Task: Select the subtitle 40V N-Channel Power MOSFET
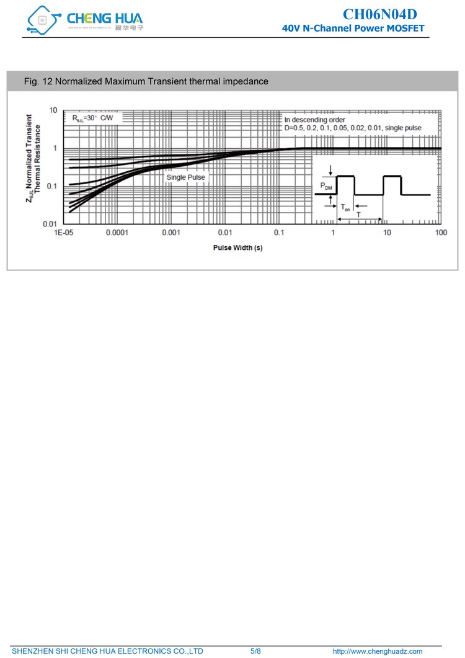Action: [x=353, y=29]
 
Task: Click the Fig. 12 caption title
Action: [x=146, y=81]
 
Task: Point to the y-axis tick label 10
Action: [x=53, y=110]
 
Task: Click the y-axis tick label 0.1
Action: [x=51, y=186]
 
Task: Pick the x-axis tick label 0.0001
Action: [x=117, y=233]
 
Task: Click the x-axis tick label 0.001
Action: [x=171, y=233]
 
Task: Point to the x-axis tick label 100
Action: [x=441, y=233]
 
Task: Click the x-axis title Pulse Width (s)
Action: [x=237, y=247]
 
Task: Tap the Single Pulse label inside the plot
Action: [x=185, y=177]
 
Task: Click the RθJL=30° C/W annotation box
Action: [x=93, y=117]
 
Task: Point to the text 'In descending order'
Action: [x=315, y=120]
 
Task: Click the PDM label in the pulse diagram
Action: [x=326, y=185]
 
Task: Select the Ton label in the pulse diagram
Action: [x=345, y=208]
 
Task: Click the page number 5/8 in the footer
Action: [x=255, y=651]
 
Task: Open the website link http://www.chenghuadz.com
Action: [x=378, y=651]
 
